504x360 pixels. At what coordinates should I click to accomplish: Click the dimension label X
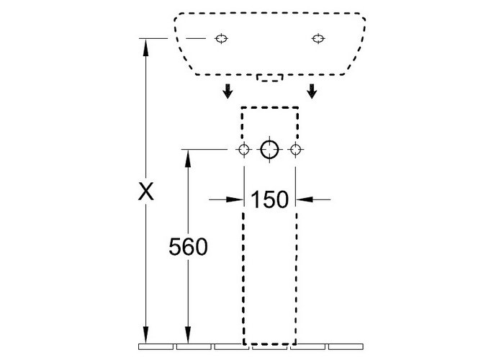click(x=146, y=192)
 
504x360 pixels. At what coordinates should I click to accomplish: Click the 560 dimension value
click(x=189, y=247)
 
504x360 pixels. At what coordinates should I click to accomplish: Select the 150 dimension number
click(x=270, y=199)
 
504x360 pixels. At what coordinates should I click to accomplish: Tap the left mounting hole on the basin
click(x=221, y=39)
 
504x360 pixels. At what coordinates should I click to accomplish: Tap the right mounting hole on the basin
click(x=318, y=39)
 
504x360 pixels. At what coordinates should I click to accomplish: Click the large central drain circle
click(x=269, y=150)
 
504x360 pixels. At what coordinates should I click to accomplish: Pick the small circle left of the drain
click(x=244, y=150)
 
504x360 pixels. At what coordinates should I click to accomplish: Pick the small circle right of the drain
click(x=295, y=150)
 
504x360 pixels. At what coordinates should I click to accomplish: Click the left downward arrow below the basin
click(x=228, y=91)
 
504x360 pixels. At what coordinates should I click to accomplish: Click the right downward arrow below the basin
click(x=312, y=91)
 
